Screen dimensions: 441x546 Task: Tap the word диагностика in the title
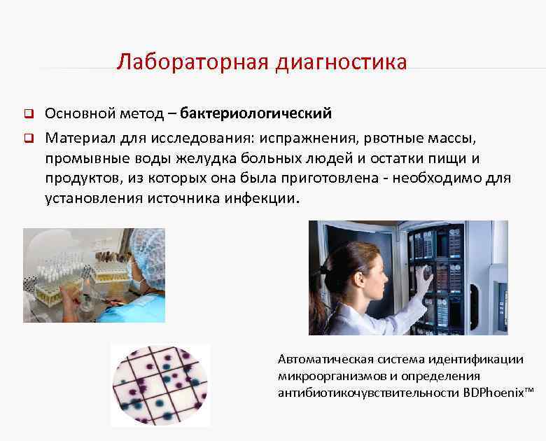pyautogui.click(x=342, y=62)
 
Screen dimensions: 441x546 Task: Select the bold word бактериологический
pyautogui.click(x=255, y=113)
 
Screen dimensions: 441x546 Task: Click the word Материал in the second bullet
pyautogui.click(x=76, y=136)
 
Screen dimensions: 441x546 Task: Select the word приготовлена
pyautogui.click(x=333, y=178)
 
